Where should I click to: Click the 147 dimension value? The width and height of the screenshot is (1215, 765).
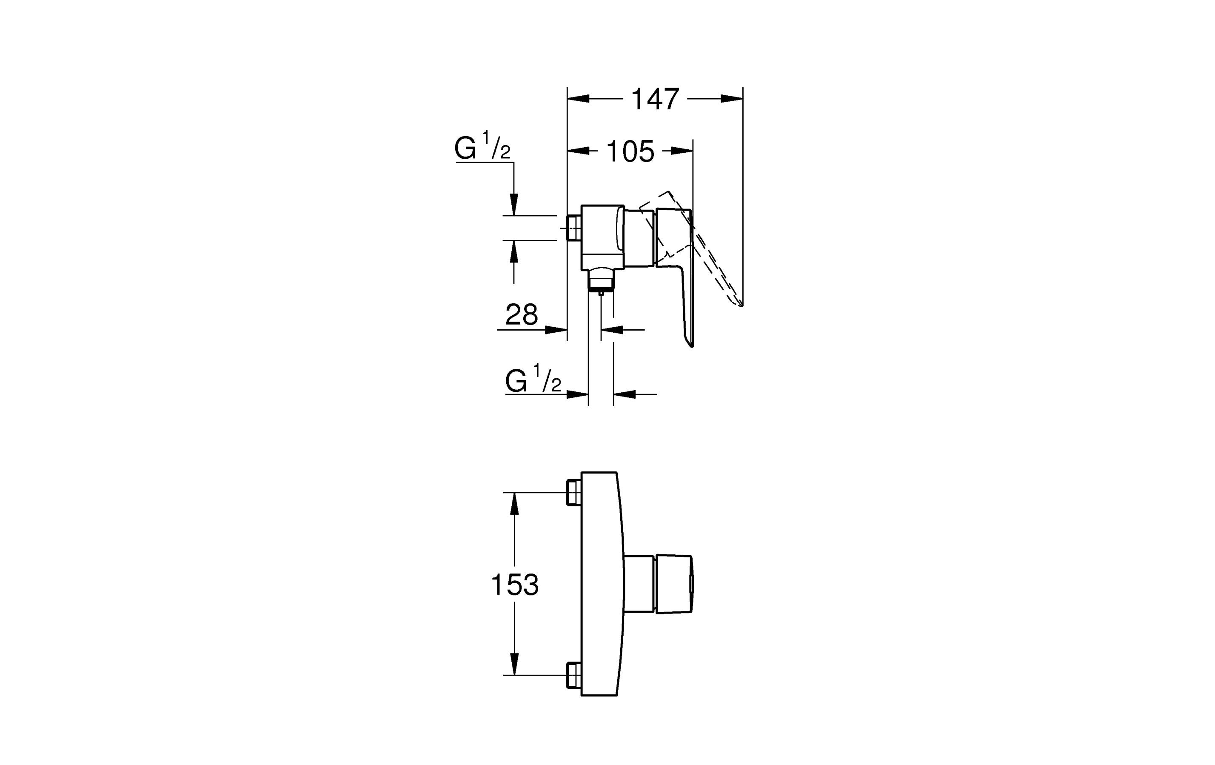(x=655, y=100)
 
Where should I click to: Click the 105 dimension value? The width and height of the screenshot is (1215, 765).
(x=630, y=151)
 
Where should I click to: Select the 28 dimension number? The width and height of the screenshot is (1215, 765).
(x=522, y=315)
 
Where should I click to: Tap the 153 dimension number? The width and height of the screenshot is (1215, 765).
(x=515, y=585)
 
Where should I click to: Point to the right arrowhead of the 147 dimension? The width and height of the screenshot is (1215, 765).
(x=732, y=99)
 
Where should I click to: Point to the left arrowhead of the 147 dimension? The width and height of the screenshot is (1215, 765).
(x=579, y=99)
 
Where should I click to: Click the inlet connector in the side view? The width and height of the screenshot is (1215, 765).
(x=574, y=228)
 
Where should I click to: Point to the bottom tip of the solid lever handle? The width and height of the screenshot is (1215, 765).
(x=691, y=345)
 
